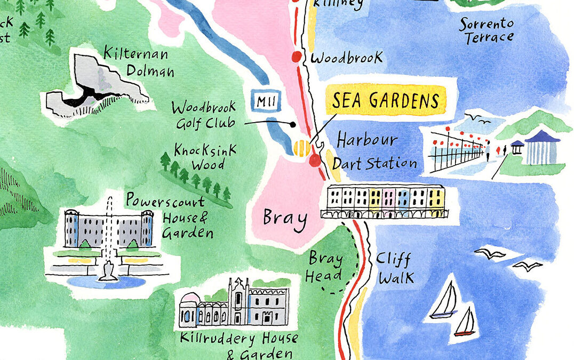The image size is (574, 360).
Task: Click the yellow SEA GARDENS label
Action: pos(385,100)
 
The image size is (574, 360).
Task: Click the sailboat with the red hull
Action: pos(465,324)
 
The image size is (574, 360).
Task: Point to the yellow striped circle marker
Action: pos(301,146)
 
